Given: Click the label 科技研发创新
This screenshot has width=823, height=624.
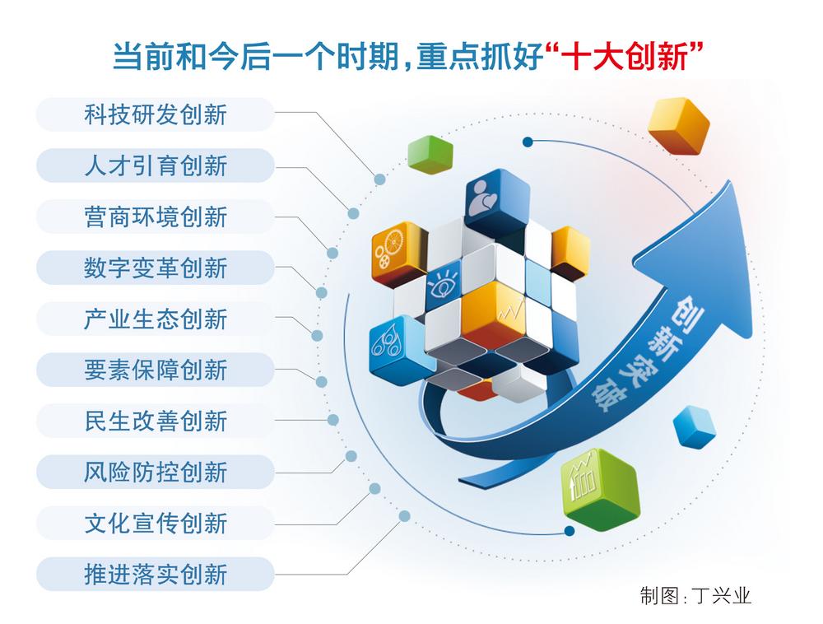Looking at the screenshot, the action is click(x=156, y=115).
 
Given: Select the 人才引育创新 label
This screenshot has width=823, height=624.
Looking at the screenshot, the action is click(x=156, y=165).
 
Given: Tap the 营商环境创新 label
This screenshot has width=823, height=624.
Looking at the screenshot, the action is click(x=156, y=217).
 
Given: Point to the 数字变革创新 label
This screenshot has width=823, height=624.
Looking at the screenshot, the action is click(x=156, y=268).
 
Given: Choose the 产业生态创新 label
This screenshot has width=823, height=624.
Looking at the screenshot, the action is click(x=156, y=319).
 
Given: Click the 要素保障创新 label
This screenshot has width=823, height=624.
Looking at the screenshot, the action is click(x=156, y=370).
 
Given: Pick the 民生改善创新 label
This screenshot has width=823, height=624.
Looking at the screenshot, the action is click(x=156, y=421).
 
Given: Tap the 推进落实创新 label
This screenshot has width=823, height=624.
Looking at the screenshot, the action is click(x=156, y=574).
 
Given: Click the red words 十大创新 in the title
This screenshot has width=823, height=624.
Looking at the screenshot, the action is click(x=625, y=56).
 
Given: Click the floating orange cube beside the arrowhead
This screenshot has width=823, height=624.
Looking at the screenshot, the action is click(x=678, y=127).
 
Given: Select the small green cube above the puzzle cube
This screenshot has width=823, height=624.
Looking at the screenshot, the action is click(x=430, y=154).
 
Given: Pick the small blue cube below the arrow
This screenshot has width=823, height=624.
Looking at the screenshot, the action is click(x=694, y=426).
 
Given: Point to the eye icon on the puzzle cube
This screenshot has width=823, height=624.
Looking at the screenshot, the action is click(x=442, y=285).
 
